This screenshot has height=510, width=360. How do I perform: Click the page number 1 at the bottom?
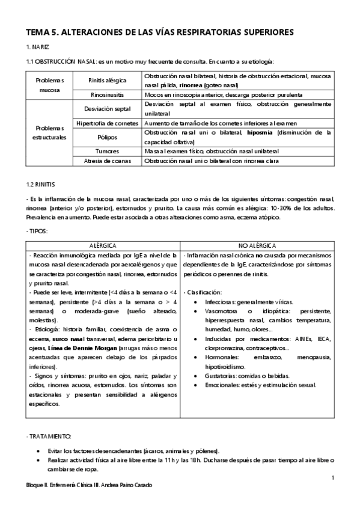click(x=332, y=478)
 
